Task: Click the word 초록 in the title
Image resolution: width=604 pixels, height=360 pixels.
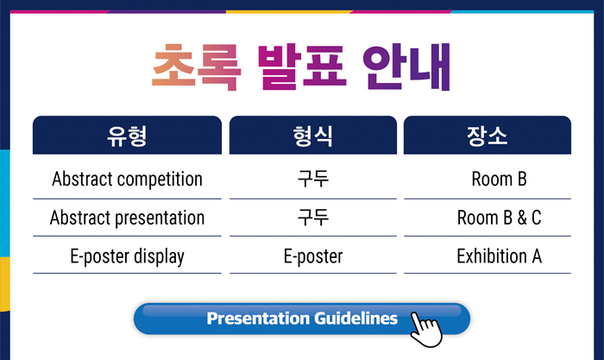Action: click(197, 67)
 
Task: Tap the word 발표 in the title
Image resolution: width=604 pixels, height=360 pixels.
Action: click(302, 67)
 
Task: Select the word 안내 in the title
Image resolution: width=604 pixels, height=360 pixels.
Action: click(406, 67)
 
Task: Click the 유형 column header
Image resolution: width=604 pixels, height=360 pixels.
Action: click(127, 136)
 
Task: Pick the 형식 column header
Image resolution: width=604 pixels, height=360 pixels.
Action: click(313, 136)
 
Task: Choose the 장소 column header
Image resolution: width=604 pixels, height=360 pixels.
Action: click(488, 136)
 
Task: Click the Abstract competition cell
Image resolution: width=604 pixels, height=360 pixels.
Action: click(127, 179)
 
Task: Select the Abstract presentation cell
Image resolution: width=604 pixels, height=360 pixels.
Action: click(127, 218)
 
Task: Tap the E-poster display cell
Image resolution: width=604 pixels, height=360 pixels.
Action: click(127, 256)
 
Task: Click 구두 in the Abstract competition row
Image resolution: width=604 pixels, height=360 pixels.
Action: click(313, 179)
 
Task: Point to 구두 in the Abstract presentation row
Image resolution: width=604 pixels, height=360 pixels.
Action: click(313, 218)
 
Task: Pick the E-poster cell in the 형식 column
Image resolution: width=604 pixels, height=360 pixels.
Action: click(313, 256)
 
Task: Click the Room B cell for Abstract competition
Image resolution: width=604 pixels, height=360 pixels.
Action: click(500, 179)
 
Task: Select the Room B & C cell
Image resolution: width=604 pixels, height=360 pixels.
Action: click(500, 218)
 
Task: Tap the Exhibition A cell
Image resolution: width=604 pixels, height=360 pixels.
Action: click(500, 256)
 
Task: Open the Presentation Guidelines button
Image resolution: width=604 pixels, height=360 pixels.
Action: click(302, 319)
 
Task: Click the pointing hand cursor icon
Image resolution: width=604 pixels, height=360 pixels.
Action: click(425, 330)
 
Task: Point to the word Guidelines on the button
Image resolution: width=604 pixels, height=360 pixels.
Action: click(355, 319)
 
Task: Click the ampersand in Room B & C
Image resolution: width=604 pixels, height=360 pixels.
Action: click(522, 218)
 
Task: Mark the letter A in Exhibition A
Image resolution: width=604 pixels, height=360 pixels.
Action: click(537, 256)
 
